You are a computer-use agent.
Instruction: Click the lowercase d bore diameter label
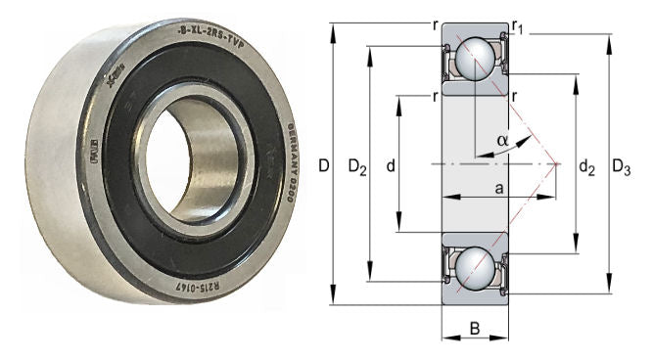tap(390, 167)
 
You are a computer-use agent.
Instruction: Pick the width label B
tap(475, 329)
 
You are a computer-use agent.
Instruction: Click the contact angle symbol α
tap(502, 141)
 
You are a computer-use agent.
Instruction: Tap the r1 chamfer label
tap(519, 28)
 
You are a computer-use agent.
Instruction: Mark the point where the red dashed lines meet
tap(558, 163)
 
